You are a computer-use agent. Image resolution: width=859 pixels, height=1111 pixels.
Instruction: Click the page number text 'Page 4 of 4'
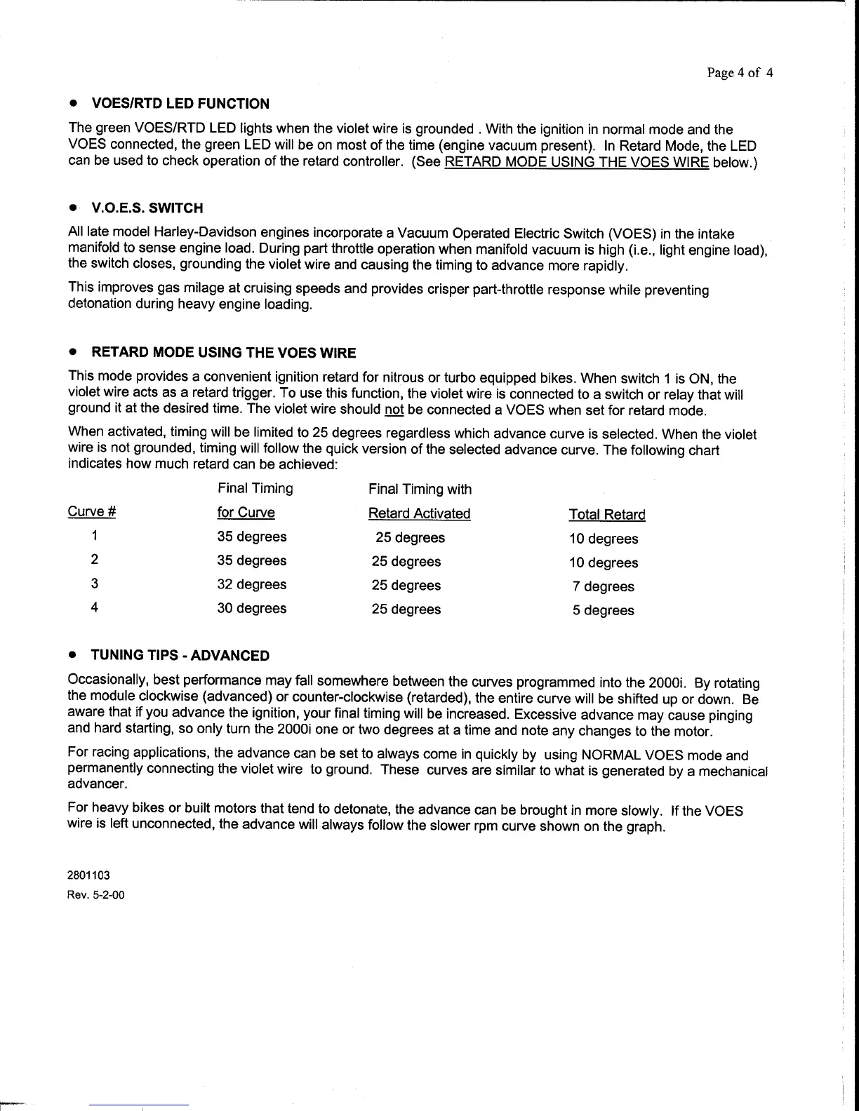(740, 73)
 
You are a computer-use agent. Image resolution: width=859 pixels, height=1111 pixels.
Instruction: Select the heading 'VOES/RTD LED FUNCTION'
(180, 104)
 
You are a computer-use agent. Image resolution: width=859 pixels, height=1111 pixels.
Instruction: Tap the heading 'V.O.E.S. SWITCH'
(147, 208)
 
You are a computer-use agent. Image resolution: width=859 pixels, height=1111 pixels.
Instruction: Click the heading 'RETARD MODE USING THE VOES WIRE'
(224, 352)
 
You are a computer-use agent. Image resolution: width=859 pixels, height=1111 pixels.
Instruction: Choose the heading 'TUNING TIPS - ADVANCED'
(180, 656)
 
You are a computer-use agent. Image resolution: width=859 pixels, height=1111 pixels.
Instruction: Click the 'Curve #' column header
(91, 512)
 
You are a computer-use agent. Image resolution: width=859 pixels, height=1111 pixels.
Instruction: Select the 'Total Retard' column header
(606, 515)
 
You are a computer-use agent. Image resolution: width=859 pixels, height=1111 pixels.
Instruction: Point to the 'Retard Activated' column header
(419, 513)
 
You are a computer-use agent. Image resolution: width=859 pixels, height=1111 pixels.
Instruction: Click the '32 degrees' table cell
(251, 584)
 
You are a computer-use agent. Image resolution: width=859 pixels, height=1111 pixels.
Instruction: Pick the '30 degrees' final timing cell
(251, 608)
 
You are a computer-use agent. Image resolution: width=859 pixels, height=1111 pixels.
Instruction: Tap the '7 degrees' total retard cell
(603, 586)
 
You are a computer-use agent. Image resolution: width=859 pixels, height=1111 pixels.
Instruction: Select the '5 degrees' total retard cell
(603, 610)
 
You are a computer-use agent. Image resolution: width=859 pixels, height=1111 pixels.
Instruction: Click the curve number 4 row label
(94, 607)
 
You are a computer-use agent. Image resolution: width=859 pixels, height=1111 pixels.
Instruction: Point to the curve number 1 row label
(94, 537)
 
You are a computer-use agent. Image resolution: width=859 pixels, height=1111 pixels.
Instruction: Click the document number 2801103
(89, 875)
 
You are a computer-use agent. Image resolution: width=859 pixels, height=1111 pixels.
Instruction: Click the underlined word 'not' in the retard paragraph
(394, 410)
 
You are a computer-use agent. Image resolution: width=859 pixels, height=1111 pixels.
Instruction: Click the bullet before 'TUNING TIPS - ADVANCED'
(72, 655)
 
